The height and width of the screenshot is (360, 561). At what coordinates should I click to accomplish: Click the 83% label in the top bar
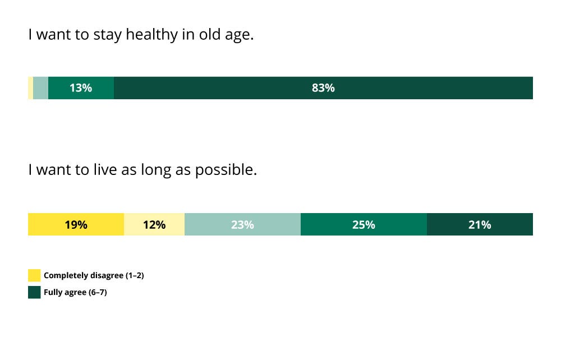click(323, 88)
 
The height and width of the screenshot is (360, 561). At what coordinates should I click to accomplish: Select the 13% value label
click(80, 88)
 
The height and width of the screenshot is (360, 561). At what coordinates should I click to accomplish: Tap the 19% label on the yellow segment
click(76, 225)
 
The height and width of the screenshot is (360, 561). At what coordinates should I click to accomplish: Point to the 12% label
click(154, 225)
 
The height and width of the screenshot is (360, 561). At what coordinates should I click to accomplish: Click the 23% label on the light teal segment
click(242, 225)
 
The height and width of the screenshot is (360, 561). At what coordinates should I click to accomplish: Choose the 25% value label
click(364, 225)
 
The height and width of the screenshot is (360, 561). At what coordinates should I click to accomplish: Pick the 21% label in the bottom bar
click(480, 225)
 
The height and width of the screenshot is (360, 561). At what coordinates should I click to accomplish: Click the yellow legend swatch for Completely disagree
click(34, 275)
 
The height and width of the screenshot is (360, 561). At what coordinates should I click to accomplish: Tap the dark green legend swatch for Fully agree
click(34, 292)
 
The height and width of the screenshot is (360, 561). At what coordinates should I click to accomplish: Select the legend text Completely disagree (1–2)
click(94, 276)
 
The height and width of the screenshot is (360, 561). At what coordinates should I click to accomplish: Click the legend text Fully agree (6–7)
click(75, 293)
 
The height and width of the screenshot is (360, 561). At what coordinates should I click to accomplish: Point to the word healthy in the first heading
click(151, 35)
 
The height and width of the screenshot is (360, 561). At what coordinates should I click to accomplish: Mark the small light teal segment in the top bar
click(41, 88)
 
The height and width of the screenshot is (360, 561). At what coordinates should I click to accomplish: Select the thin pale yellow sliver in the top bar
click(31, 88)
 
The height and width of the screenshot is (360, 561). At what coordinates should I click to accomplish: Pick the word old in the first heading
click(210, 34)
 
